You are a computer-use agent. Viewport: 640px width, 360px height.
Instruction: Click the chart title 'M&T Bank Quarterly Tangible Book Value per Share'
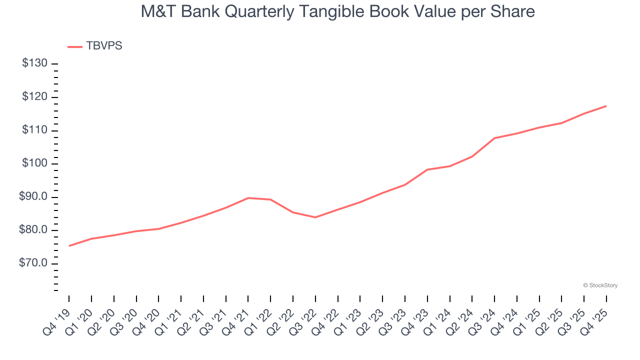point(337,11)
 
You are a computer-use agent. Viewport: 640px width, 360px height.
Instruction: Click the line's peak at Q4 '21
point(248,198)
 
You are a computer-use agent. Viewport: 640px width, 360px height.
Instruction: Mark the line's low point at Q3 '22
point(315,217)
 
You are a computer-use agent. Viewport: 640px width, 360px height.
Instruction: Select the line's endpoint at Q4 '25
point(606,106)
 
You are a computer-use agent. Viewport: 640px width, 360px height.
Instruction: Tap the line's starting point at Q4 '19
point(69,246)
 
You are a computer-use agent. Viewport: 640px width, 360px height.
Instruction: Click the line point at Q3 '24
point(494,138)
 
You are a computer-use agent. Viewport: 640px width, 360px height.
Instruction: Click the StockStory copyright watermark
point(600,285)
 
